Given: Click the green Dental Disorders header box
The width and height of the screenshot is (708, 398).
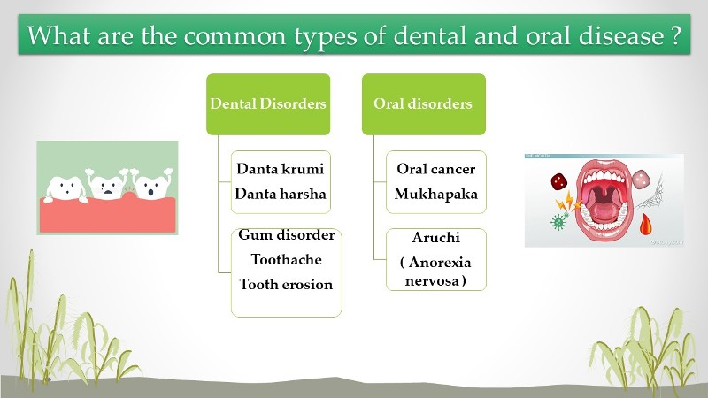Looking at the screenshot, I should [267, 103].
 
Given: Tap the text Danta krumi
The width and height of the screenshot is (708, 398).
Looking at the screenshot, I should [280, 168].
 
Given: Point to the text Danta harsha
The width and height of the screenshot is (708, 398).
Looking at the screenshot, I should [280, 193].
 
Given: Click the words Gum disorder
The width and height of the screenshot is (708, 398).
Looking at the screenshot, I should [286, 235].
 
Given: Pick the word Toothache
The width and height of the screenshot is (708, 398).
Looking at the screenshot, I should [286, 260].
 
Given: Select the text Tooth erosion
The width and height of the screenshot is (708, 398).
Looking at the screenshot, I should [286, 285].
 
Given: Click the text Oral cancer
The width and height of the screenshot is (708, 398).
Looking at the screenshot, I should [435, 168].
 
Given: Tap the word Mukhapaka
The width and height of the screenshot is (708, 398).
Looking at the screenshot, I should [435, 193].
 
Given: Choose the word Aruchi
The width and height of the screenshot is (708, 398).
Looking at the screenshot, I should [435, 238].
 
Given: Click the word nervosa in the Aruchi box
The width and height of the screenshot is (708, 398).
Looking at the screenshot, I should [435, 280].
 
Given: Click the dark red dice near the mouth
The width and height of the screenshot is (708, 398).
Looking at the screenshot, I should [559, 182].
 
